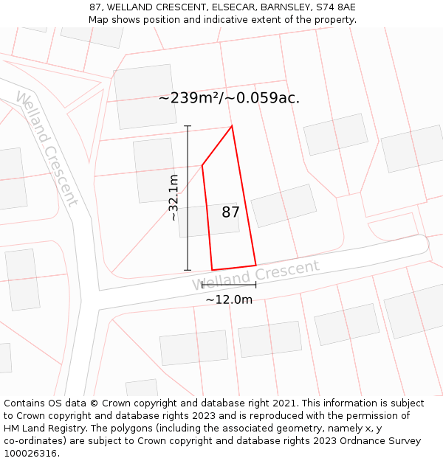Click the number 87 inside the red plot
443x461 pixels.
tap(230, 212)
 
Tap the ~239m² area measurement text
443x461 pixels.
tap(229, 97)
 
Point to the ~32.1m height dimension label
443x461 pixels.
tap(174, 198)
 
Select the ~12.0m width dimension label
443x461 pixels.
tap(229, 299)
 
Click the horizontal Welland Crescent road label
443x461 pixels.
tap(256, 274)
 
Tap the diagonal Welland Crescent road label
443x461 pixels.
tap(46, 148)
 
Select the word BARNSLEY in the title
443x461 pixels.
tap(282, 7)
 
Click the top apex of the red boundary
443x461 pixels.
tap(233, 126)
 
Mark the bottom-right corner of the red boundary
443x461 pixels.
tap(255, 265)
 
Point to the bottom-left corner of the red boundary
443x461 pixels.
tap(212, 270)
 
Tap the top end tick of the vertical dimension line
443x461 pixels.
tap(188, 126)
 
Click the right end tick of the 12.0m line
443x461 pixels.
tap(256, 285)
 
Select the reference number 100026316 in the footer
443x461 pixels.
tap(30, 453)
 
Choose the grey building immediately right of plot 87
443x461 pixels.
tap(284, 205)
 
